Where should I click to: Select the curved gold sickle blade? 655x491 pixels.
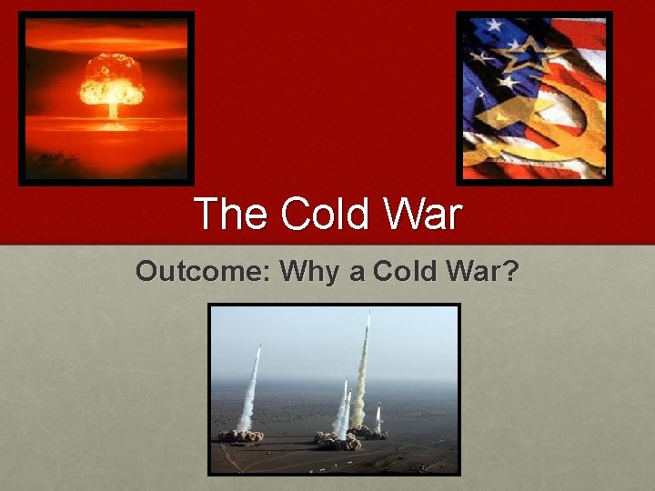[582, 127]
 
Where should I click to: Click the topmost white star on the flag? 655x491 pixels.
[497, 25]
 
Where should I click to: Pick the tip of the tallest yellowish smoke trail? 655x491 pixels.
[368, 316]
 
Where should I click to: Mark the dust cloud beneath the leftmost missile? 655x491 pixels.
[241, 436]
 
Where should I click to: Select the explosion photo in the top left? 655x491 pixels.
[106, 98]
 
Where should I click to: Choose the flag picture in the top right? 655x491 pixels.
[535, 98]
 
